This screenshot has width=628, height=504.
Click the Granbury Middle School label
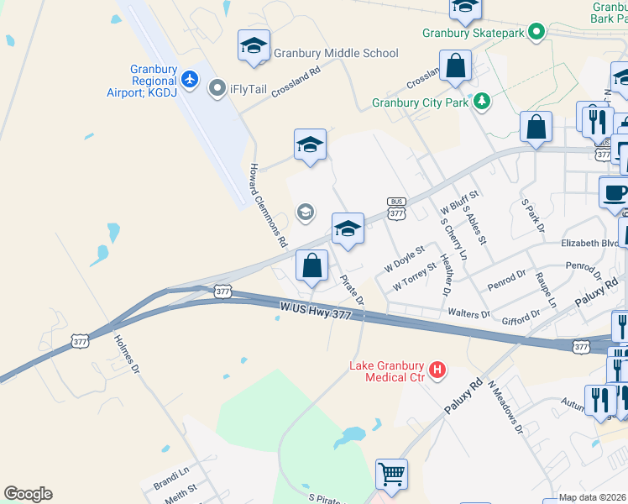tap(336, 53)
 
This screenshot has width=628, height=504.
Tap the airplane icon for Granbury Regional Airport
tap(191, 78)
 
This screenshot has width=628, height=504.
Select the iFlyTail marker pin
tap(217, 86)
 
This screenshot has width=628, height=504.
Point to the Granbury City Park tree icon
tap(482, 102)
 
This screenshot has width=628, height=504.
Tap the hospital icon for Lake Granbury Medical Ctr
tap(437, 369)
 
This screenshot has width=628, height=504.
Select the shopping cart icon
tap(391, 475)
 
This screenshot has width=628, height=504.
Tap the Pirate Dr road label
tap(353, 287)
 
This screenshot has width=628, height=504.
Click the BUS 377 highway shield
tap(397, 208)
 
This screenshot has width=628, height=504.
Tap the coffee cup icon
tap(615, 192)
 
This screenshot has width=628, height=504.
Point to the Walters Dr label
tap(469, 314)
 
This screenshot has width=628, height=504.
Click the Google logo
tap(28, 494)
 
